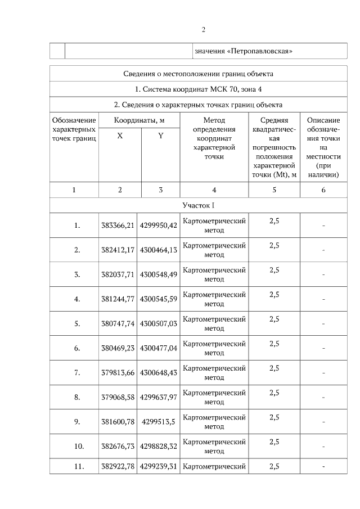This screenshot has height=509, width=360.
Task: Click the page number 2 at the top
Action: tap(204, 30)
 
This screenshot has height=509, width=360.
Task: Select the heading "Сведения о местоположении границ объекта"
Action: tap(199, 74)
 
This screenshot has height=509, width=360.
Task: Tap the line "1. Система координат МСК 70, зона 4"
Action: tap(199, 89)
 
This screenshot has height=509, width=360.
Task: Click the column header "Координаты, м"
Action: tap(139, 120)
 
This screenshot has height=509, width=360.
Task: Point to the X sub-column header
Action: tap(120, 136)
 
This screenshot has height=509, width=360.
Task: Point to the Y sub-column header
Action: tap(160, 136)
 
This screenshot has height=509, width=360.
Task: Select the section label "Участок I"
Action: tap(199, 205)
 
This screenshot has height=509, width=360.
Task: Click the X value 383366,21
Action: tap(118, 226)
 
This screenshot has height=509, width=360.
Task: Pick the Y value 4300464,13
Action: tap(159, 250)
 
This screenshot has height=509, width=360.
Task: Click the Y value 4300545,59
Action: tap(159, 299)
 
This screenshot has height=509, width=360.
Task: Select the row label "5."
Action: tap(77, 323)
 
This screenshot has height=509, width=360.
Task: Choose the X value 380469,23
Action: tap(118, 348)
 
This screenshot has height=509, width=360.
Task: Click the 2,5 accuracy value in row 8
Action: tap(274, 393)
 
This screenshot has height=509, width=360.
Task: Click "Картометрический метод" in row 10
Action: tap(214, 446)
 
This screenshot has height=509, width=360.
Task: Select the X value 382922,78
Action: tap(118, 466)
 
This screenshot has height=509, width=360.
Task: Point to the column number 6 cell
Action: tap(323, 190)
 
